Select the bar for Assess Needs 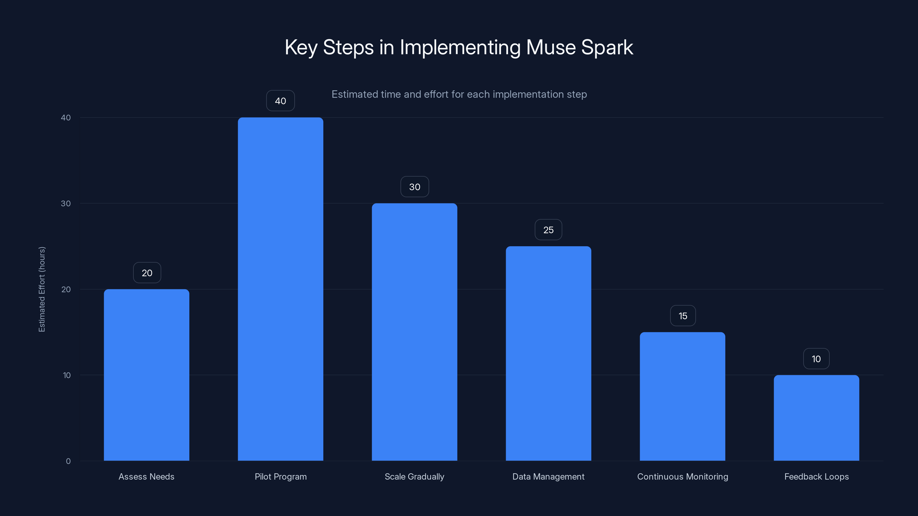click(x=147, y=375)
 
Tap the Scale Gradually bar click(x=415, y=332)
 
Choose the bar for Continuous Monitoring click(x=682, y=396)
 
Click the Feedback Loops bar click(x=816, y=418)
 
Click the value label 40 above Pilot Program click(x=281, y=101)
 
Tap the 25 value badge click(x=549, y=230)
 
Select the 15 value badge click(x=683, y=316)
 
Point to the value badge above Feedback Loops click(x=816, y=359)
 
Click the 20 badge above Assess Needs click(x=147, y=273)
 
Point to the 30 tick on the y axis click(x=66, y=203)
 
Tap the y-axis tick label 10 click(x=67, y=375)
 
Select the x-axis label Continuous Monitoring click(x=682, y=476)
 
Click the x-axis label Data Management click(x=548, y=476)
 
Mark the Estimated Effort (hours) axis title click(x=42, y=289)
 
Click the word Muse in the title click(x=551, y=47)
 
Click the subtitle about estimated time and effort click(x=459, y=94)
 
